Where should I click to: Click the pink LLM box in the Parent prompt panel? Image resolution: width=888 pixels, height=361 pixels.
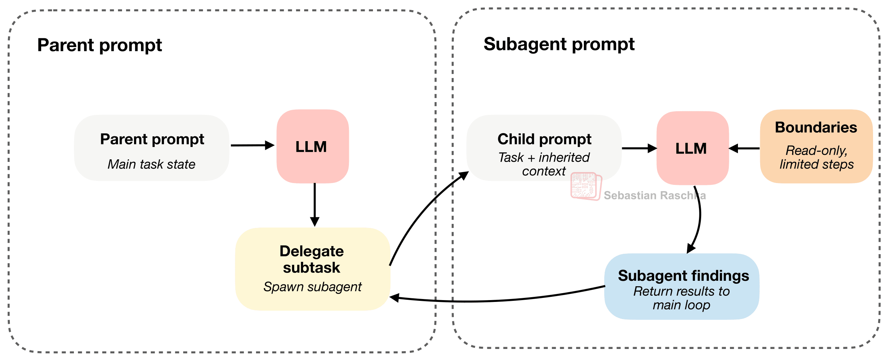point(313,146)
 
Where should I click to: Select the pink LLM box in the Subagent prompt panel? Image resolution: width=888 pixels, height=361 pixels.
point(693,148)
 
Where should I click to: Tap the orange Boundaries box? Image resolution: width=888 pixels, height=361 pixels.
point(816,146)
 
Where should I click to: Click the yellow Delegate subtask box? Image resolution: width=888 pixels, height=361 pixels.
point(313,269)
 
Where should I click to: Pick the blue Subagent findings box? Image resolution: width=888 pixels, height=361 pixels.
point(682,287)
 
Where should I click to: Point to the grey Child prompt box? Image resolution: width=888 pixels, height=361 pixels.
point(544,148)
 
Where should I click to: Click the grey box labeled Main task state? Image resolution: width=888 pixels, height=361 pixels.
point(152,148)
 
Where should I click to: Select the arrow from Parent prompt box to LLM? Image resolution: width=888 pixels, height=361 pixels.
point(253,145)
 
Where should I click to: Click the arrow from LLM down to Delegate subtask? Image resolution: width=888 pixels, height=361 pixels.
point(315,205)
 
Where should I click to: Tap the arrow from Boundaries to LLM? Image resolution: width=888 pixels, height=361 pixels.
point(744,148)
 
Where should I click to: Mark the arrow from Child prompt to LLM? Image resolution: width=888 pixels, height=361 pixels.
point(639,148)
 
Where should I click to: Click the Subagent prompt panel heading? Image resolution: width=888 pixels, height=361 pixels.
point(559,44)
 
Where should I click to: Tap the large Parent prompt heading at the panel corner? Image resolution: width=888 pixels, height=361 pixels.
point(100,46)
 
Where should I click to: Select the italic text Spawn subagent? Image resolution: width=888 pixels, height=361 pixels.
point(313,287)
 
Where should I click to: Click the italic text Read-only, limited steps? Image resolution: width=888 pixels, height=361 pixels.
point(817,157)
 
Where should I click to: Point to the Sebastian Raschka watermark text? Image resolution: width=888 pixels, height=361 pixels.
point(655,195)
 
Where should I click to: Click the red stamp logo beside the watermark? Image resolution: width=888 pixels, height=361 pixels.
point(586,186)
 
